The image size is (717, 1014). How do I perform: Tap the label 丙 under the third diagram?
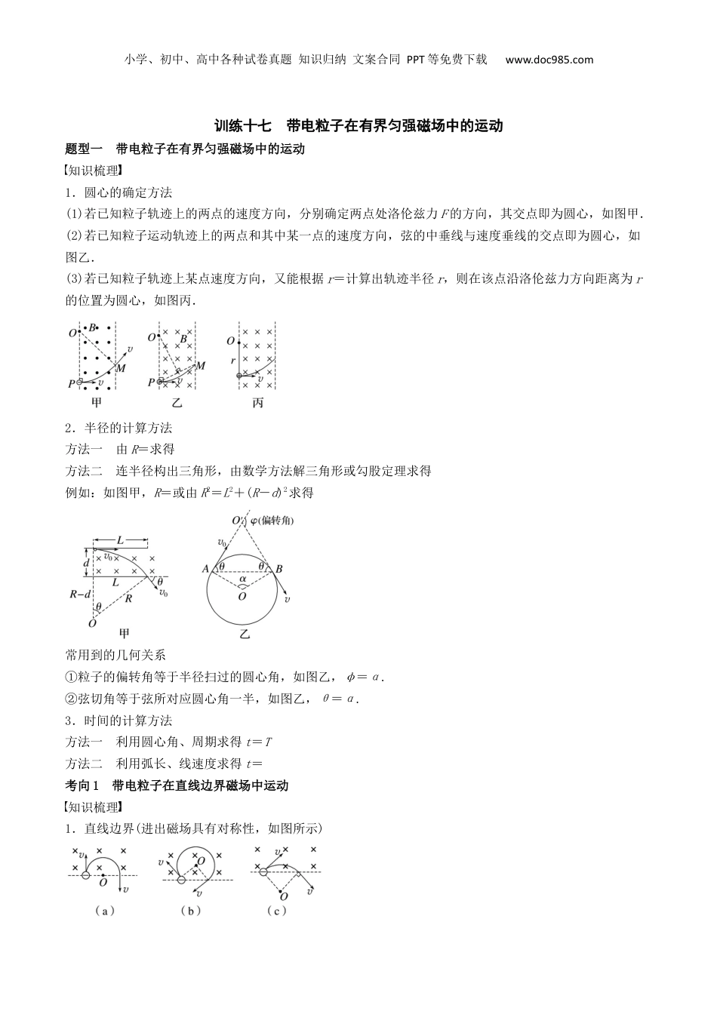[258, 403]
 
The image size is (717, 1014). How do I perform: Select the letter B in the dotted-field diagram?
[92, 328]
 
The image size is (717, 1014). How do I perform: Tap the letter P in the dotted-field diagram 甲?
[71, 383]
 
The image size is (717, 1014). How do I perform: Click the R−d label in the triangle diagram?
[80, 595]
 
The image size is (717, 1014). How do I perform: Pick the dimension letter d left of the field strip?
[87, 564]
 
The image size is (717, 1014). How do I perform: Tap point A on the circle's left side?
[205, 569]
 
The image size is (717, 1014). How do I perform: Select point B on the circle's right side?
[278, 569]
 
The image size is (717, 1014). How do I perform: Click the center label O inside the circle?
[242, 597]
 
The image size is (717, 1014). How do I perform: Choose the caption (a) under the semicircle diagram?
[105, 911]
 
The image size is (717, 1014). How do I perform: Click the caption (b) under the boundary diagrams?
[191, 911]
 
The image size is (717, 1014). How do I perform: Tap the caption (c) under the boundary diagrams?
[277, 911]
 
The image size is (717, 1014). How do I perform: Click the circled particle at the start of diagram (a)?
[85, 874]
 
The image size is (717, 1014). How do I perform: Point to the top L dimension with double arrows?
[121, 540]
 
